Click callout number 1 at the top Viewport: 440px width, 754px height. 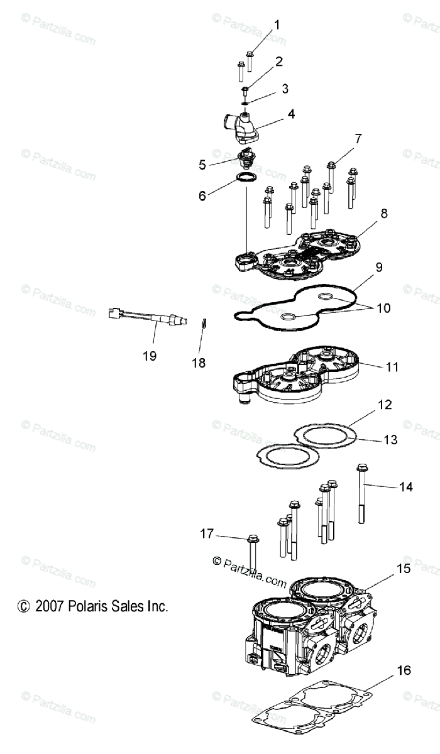click(277, 25)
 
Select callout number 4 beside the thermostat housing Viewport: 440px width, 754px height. click(291, 114)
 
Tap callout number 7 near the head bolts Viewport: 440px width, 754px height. click(358, 139)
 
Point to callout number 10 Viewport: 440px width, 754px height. click(383, 308)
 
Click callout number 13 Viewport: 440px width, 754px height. click(390, 440)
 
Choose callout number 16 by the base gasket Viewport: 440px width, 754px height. click(404, 670)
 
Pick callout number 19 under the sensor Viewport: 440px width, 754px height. click(149, 356)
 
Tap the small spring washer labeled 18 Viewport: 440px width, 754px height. click(204, 322)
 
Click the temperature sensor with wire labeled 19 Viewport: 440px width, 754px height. click(151, 315)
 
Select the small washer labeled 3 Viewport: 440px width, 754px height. click(246, 102)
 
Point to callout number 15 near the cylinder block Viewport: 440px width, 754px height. click(403, 569)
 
